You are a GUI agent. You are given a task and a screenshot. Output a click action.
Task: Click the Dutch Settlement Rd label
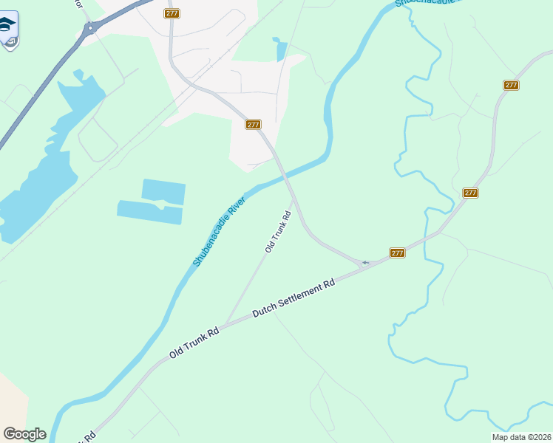pyautogui.click(x=294, y=298)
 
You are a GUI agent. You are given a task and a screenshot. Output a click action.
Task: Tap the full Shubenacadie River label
pyautogui.click(x=219, y=231)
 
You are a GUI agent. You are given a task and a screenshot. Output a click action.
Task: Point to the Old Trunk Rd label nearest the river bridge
pyautogui.click(x=278, y=232)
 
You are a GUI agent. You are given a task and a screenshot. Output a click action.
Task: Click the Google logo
pyautogui.click(x=24, y=434)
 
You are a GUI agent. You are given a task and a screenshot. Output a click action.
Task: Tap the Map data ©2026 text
pyautogui.click(x=520, y=437)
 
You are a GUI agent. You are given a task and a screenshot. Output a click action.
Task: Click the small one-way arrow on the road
pyautogui.click(x=365, y=262)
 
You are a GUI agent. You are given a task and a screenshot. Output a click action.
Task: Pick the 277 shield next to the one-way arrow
pyautogui.click(x=397, y=253)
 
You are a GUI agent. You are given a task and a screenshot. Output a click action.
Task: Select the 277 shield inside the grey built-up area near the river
pyautogui.click(x=253, y=125)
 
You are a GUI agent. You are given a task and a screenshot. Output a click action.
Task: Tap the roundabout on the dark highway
pyautogui.click(x=91, y=28)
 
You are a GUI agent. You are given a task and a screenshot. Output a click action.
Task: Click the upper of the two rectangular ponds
pyautogui.click(x=163, y=190)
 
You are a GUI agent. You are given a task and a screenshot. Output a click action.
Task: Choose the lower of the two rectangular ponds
pyautogui.click(x=149, y=211)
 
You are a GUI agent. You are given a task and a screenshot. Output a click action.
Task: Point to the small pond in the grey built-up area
pyautogui.click(x=281, y=49)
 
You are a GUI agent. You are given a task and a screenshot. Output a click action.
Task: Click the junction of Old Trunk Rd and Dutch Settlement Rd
pyautogui.click(x=225, y=323)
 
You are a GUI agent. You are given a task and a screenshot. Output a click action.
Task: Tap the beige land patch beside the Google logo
pyautogui.click(x=11, y=399)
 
